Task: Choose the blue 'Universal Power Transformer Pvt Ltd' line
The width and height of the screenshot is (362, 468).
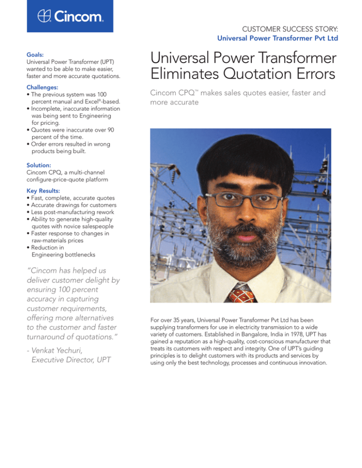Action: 278,38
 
